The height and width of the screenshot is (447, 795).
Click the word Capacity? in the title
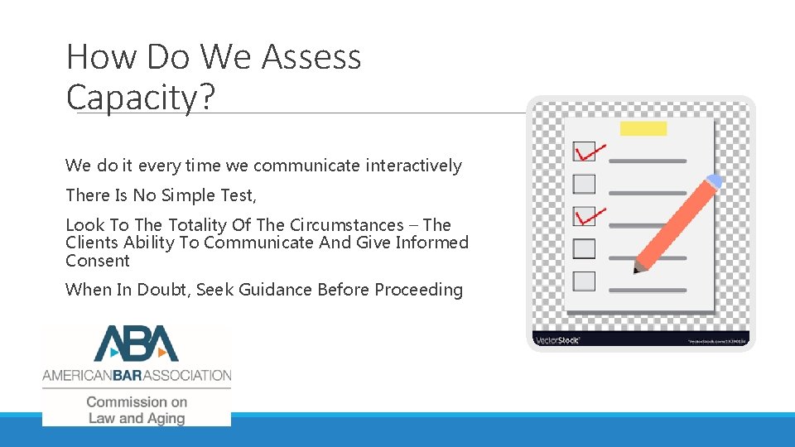pos(141,98)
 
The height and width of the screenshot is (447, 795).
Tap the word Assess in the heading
pos(311,57)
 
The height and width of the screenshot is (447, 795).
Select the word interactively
pos(412,166)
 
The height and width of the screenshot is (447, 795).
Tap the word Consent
pos(98,261)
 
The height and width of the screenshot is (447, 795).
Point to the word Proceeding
pos(418,290)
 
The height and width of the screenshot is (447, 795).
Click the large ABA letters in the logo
pos(137,344)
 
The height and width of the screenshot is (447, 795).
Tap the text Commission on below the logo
pos(137,401)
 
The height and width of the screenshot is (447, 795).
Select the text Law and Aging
pos(137,418)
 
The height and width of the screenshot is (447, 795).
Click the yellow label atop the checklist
pos(643,128)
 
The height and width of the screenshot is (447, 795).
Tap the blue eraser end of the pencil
pos(713,181)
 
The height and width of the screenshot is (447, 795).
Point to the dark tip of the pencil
pos(636,269)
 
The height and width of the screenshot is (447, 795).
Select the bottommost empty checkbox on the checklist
pos(585,281)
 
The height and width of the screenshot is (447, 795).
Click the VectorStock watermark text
pos(557,339)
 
